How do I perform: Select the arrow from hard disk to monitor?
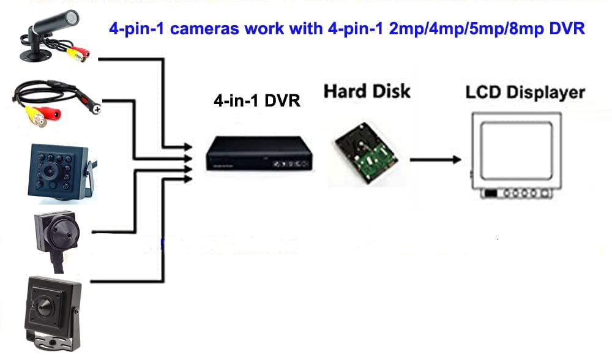[435, 160]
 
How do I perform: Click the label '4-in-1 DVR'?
[256, 101]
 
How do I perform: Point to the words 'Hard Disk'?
[367, 92]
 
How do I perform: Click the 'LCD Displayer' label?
[524, 93]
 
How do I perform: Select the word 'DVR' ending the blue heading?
[566, 29]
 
